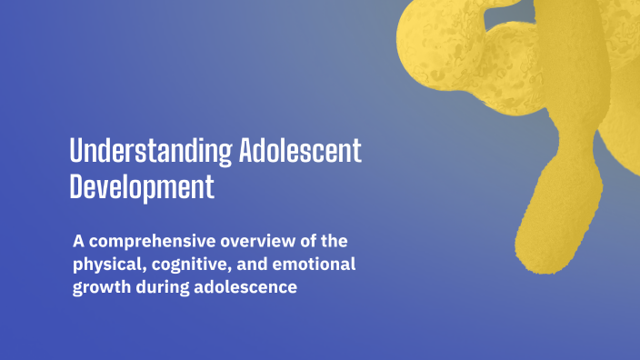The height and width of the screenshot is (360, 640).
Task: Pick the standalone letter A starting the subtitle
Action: [79, 243]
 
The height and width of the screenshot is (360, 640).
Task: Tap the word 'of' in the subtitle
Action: [303, 243]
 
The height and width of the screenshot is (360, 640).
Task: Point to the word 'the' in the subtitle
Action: [332, 243]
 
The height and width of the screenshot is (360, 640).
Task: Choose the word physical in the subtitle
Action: [105, 266]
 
